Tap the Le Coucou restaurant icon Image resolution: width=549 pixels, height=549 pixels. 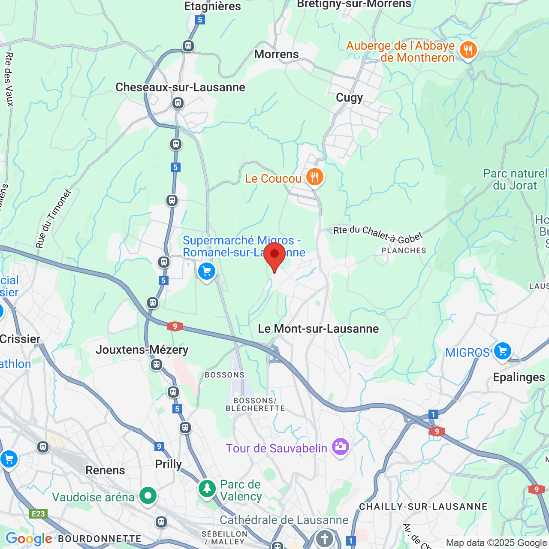[315, 177]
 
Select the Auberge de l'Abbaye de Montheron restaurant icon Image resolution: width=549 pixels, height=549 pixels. [468, 51]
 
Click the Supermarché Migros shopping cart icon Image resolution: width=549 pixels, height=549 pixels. [207, 271]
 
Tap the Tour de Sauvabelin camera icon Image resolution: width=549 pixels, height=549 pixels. [340, 447]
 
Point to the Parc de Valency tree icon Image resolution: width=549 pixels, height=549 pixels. [207, 488]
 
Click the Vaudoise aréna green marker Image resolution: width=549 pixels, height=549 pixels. [148, 496]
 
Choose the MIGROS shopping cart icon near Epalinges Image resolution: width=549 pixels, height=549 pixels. [502, 351]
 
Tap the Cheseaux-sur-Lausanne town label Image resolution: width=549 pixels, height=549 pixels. [180, 87]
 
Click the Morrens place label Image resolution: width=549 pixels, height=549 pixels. [276, 54]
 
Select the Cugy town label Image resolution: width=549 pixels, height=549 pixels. [349, 98]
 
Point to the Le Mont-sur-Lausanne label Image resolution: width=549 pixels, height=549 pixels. [318, 329]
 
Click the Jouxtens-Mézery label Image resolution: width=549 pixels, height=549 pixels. [142, 350]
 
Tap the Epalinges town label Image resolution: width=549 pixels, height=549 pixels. [519, 377]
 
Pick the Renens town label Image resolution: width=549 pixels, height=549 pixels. [105, 470]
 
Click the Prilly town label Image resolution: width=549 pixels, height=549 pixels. [168, 464]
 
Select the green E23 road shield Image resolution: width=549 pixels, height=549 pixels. [38, 513]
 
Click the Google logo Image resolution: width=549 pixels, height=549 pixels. [29, 539]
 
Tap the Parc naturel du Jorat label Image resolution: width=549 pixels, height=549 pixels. [515, 179]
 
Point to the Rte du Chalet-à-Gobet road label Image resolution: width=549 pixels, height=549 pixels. [378, 234]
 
